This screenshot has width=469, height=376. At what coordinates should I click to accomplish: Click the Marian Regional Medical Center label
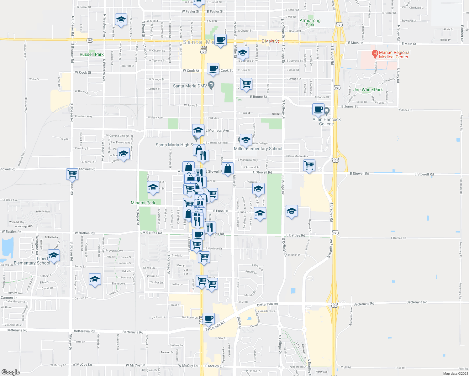click(394, 55)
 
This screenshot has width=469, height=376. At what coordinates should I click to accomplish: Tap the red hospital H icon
click(375, 54)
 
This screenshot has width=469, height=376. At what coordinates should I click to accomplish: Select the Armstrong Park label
click(310, 23)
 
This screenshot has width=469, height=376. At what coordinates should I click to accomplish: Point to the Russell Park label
click(92, 54)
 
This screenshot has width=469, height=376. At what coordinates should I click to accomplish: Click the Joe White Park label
click(368, 90)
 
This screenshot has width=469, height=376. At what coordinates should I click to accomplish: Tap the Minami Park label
click(143, 203)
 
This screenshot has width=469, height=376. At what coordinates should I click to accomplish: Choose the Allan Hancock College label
click(326, 122)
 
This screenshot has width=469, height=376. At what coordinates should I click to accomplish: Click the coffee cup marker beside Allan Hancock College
click(318, 109)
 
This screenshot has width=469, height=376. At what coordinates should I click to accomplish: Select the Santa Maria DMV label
click(190, 86)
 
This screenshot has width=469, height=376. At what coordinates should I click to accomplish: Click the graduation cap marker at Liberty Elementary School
click(54, 255)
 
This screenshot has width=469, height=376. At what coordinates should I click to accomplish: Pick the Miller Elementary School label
click(258, 149)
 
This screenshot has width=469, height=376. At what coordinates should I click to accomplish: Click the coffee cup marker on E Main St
click(220, 40)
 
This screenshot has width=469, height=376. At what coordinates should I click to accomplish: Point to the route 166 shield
click(90, 40)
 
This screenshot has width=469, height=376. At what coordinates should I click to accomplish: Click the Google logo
click(11, 372)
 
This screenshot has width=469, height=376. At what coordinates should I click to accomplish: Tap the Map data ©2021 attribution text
click(455, 373)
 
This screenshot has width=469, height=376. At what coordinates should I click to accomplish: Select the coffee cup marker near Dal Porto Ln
click(208, 319)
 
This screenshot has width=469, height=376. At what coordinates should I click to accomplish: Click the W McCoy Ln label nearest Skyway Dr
click(82, 365)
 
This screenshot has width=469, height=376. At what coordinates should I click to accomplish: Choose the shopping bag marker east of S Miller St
click(228, 168)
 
